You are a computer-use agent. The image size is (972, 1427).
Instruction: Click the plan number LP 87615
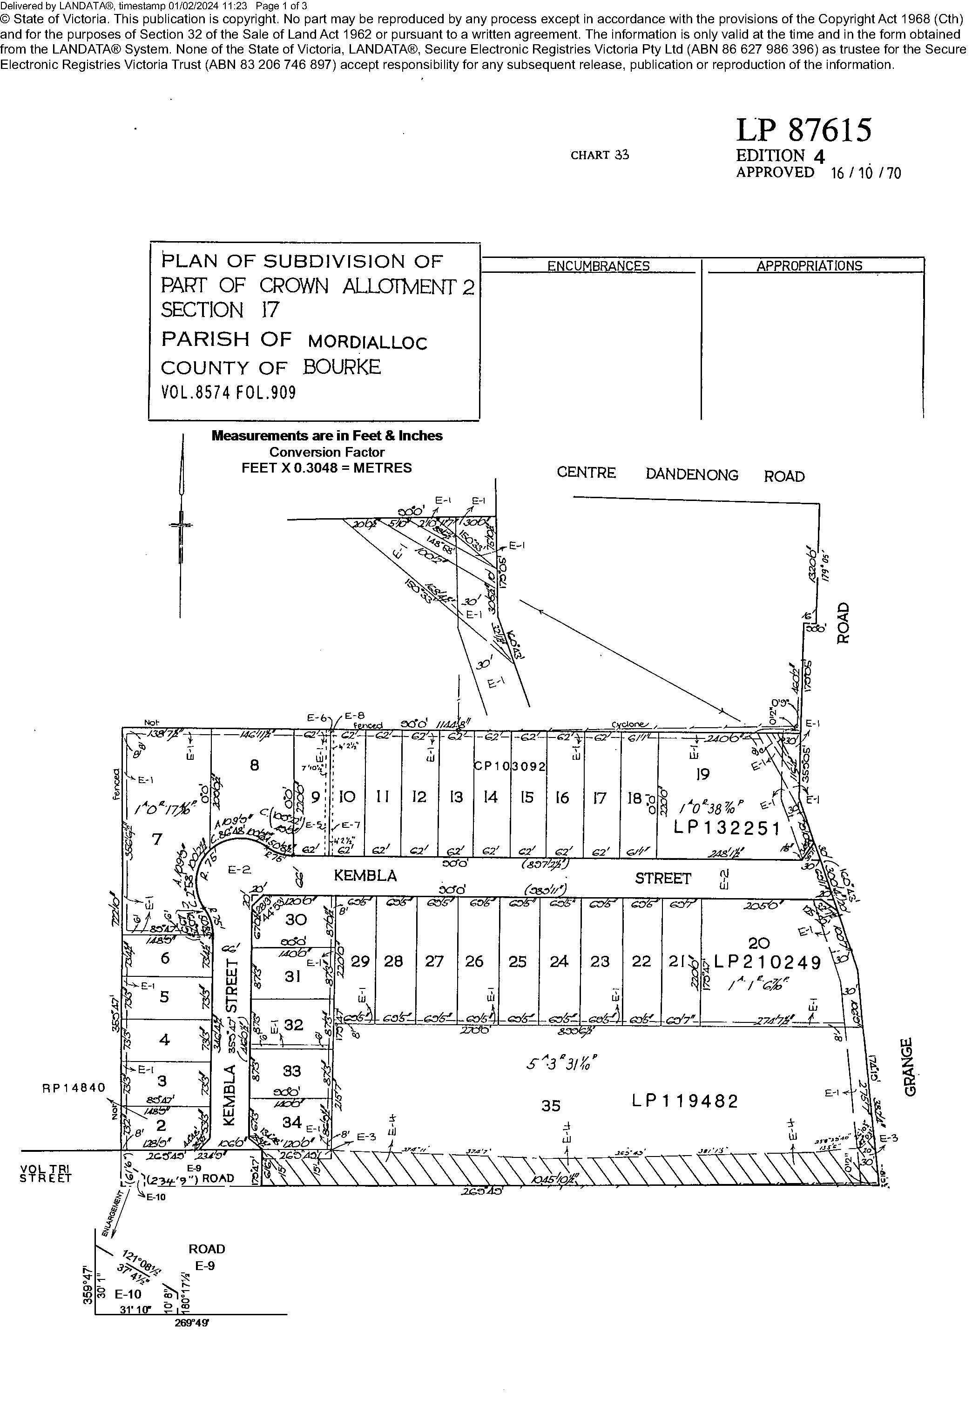pos(803,130)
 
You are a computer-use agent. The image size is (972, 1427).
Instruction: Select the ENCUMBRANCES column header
pos(598,266)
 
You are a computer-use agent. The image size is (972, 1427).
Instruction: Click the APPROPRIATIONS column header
pos(809,266)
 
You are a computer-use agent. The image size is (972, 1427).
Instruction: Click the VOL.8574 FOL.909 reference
pos(229,392)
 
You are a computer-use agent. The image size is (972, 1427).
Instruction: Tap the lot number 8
pos(254,765)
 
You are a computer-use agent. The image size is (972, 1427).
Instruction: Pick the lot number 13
pos(456,797)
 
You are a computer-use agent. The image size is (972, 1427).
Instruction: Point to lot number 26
pos(474,961)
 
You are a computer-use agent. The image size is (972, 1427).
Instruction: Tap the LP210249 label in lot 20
pos(768,963)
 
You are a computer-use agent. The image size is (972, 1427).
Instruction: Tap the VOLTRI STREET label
pos(46,1174)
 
